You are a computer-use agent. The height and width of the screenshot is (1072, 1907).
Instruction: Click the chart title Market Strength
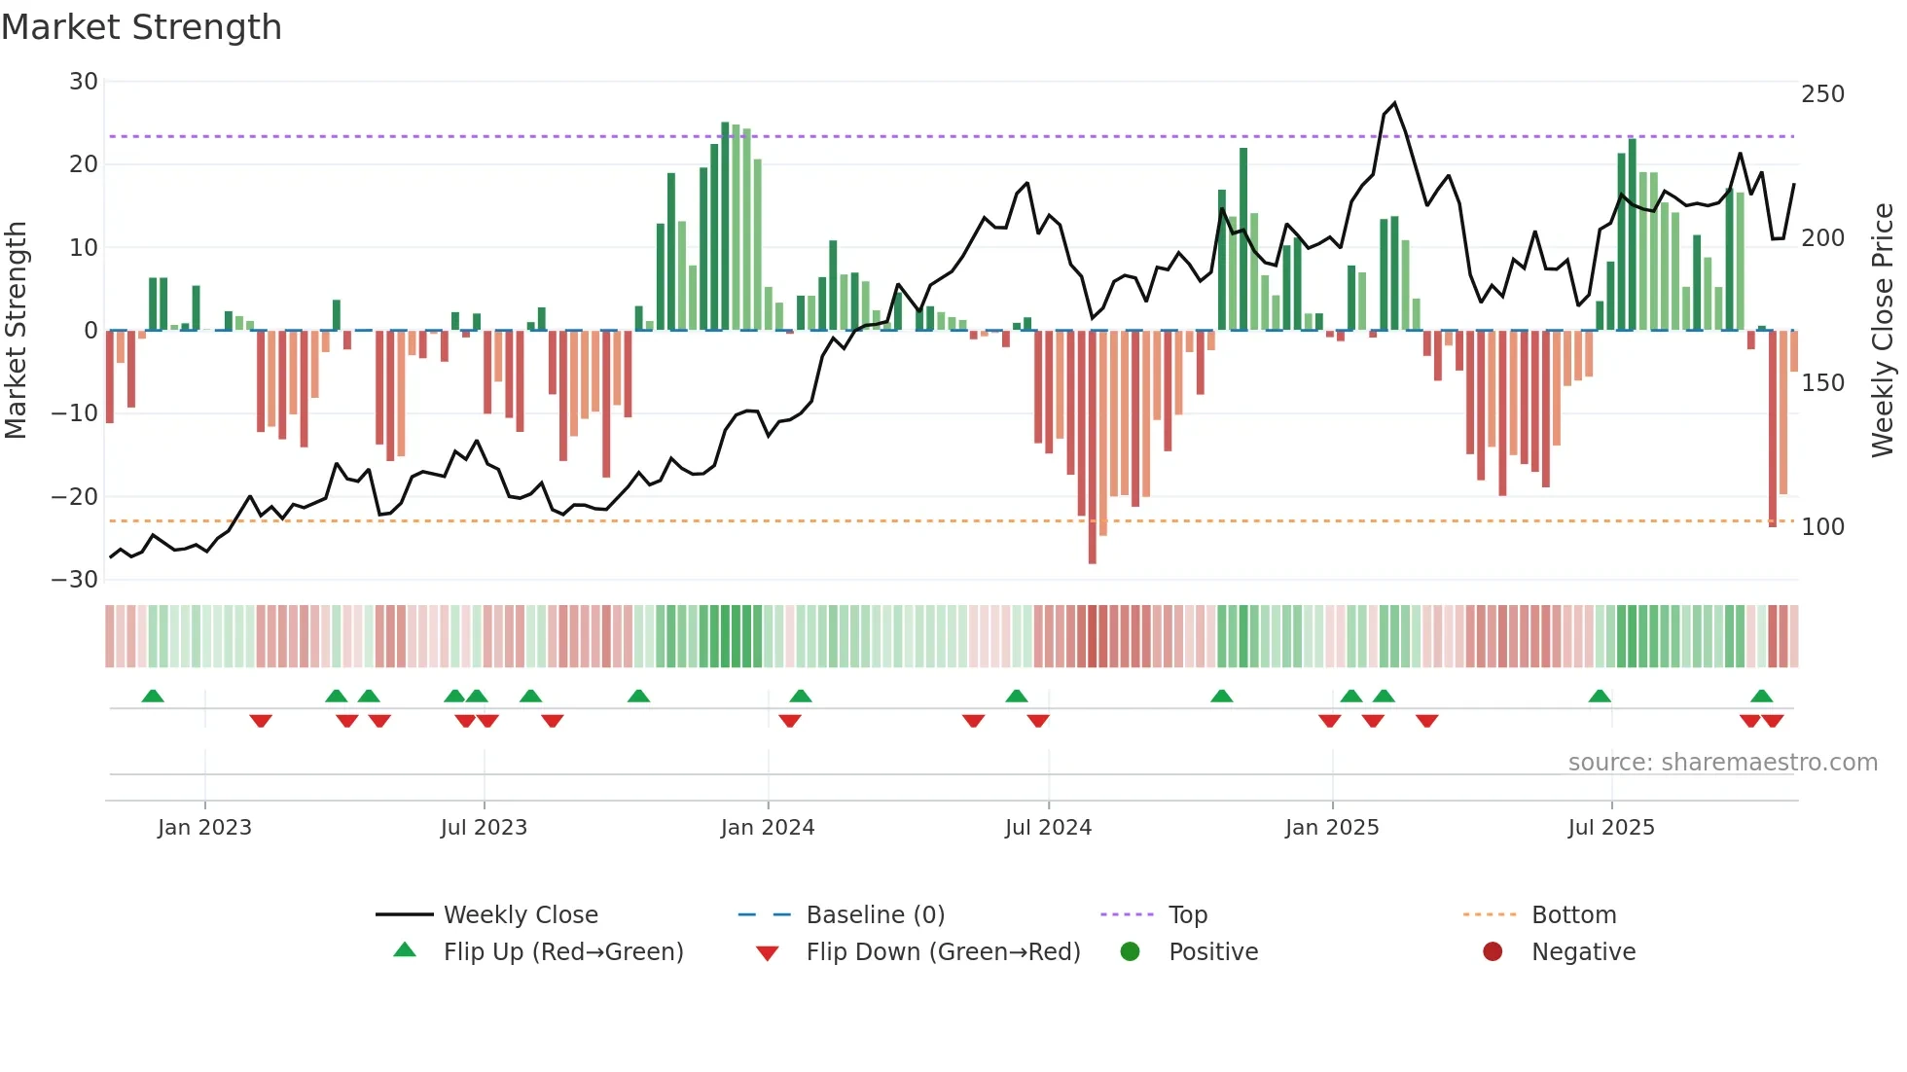tap(141, 27)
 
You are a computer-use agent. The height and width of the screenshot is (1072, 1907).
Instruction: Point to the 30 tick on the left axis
tap(84, 82)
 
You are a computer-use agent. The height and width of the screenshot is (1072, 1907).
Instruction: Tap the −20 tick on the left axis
tap(76, 497)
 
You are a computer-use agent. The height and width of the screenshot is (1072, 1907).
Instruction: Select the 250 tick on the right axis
tap(1822, 94)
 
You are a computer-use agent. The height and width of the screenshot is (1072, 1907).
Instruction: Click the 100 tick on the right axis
tap(1822, 527)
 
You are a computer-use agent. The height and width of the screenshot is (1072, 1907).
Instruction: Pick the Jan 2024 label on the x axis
tap(768, 828)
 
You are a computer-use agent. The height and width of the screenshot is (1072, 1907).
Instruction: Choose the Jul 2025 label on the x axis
tap(1611, 828)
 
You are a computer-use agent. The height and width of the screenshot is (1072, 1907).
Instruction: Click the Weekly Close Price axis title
tap(1883, 331)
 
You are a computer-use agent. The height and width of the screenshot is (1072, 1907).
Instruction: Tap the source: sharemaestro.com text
tap(1722, 763)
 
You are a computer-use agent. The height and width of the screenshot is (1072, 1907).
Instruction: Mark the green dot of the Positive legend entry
tap(1130, 951)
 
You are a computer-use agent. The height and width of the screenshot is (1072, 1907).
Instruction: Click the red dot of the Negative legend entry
tap(1493, 951)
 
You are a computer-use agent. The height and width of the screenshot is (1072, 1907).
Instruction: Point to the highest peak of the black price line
tap(1394, 103)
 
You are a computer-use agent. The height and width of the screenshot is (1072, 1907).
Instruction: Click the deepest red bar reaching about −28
tap(1093, 447)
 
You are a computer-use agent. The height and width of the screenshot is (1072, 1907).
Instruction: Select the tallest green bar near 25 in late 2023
tap(725, 226)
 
